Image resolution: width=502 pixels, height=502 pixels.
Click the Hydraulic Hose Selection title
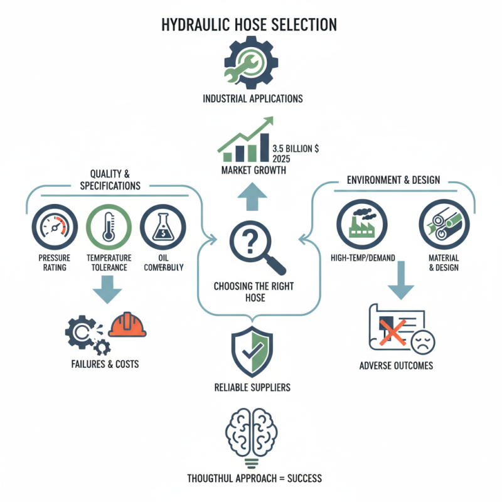pos(250,24)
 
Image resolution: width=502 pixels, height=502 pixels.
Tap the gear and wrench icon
pos(250,62)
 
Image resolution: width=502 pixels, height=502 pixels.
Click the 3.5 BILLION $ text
pos(296,149)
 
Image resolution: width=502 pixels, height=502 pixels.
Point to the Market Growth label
pos(251,170)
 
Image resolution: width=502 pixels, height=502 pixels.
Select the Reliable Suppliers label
pos(252,387)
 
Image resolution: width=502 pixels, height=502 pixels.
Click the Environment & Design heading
pos(393,180)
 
